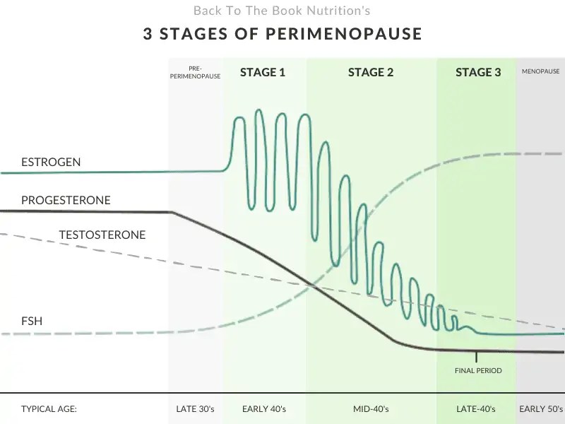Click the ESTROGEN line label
[51, 162]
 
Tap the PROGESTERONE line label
[66, 200]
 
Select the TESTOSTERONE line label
[102, 235]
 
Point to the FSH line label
[31, 322]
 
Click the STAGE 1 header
[263, 72]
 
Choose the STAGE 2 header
[371, 72]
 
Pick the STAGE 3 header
[478, 72]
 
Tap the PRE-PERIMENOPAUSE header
[196, 72]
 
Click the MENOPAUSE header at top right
[540, 71]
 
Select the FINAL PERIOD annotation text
[478, 370]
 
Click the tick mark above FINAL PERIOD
[476, 357]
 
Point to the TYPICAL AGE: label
[49, 408]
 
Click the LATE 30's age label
[196, 408]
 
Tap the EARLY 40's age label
[263, 408]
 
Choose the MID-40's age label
[371, 408]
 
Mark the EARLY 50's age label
[540, 408]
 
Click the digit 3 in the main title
[147, 34]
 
